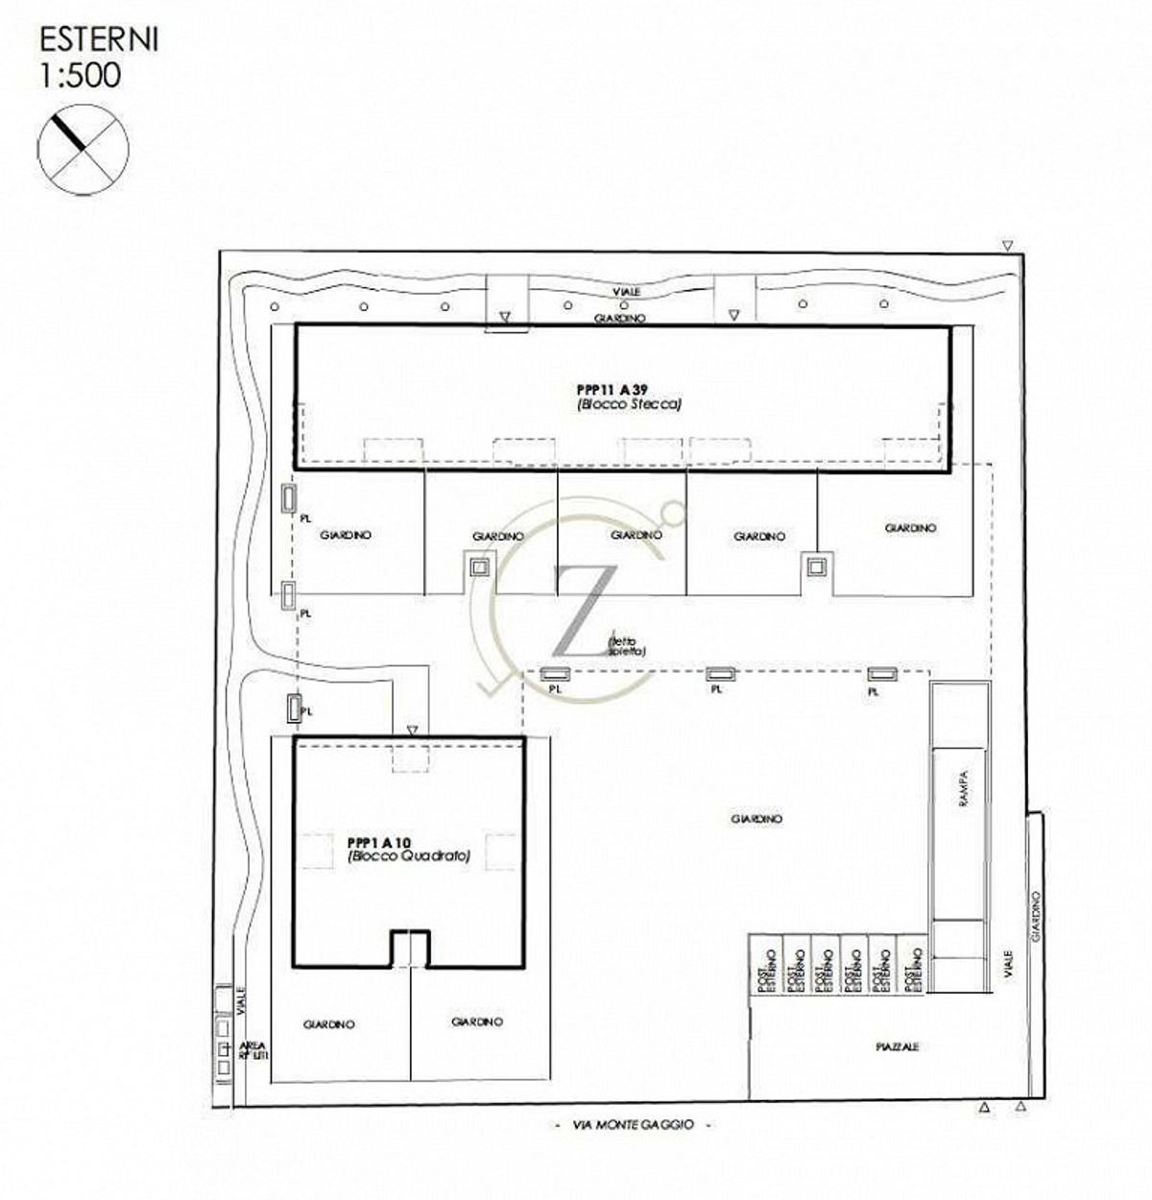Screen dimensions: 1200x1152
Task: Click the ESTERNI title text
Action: pyautogui.click(x=99, y=40)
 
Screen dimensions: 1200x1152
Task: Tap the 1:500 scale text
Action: pyautogui.click(x=81, y=75)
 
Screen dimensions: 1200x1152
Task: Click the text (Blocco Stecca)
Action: pyautogui.click(x=628, y=405)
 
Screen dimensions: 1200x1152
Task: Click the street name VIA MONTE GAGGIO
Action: pyautogui.click(x=635, y=1124)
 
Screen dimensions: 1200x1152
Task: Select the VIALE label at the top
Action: pyautogui.click(x=628, y=291)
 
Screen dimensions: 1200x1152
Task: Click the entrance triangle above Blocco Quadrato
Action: pyautogui.click(x=412, y=731)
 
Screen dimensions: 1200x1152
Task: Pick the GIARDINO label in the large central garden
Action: pyautogui.click(x=756, y=819)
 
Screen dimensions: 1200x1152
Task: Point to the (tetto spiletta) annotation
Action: pyautogui.click(x=627, y=647)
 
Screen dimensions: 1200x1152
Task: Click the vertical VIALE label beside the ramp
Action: pyautogui.click(x=1007, y=972)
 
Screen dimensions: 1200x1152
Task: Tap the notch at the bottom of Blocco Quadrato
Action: pyautogui.click(x=410, y=948)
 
